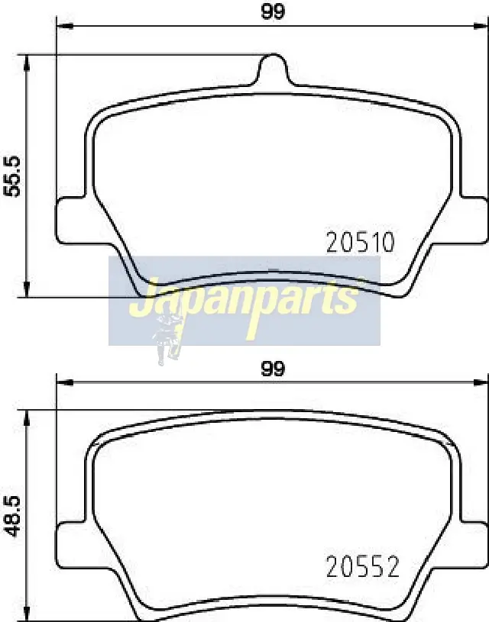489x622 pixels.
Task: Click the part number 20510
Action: [361, 243]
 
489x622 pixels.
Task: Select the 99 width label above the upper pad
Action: [273, 11]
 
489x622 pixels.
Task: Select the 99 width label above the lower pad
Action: [273, 369]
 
